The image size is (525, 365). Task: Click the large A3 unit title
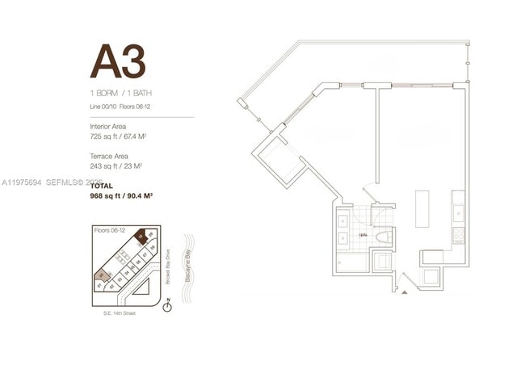(x=117, y=61)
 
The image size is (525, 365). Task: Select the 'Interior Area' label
(x=107, y=127)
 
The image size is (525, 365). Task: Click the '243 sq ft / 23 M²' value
(x=116, y=166)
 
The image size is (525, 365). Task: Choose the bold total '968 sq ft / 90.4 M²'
(x=122, y=195)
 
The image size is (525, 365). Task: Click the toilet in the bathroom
(x=382, y=237)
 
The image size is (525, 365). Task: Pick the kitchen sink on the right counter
(x=458, y=212)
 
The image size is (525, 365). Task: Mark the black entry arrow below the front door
(x=405, y=292)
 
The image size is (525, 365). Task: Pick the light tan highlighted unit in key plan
(x=101, y=276)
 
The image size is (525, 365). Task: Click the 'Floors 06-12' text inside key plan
(x=107, y=230)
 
